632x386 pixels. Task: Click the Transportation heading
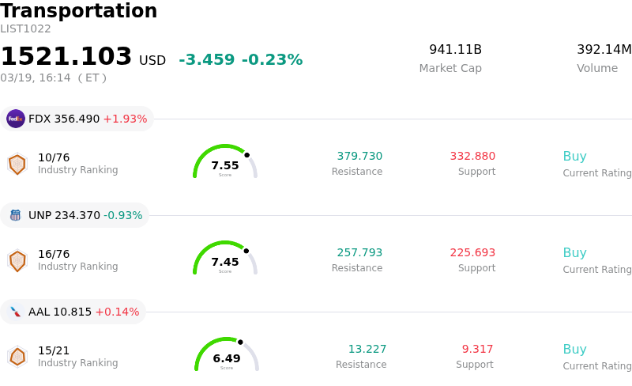79,11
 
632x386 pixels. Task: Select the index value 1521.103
66,57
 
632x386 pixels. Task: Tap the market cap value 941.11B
455,50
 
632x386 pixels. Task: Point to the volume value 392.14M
604,50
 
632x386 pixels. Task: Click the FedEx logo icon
16,119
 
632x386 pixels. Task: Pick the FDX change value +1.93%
125,119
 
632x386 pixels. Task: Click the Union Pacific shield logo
16,215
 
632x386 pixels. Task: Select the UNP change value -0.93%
122,215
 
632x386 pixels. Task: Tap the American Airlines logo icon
16,312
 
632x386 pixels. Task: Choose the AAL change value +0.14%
117,312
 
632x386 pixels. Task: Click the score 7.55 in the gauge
225,165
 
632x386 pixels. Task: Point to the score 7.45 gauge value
225,262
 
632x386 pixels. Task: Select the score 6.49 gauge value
227,358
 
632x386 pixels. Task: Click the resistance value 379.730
359,156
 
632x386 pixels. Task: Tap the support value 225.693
472,252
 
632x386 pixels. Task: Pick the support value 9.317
477,349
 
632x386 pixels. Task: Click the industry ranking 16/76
54,254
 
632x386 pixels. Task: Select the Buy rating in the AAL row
574,349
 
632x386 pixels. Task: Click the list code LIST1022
25,28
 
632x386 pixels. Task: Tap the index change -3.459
206,60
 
